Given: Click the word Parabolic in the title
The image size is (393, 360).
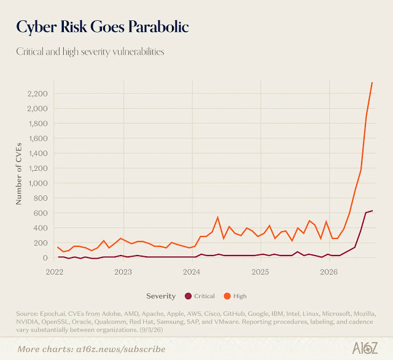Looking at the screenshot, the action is pyautogui.click(x=158, y=26).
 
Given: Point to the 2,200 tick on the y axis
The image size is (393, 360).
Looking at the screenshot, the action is pyautogui.click(x=37, y=93).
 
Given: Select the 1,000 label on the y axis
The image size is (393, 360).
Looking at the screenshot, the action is pyautogui.click(x=38, y=183).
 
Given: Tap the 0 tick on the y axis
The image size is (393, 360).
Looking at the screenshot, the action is pyautogui.click(x=45, y=258).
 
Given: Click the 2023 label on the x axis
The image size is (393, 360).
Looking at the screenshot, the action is pyautogui.click(x=123, y=272).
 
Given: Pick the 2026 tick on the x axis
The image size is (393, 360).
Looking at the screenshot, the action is pyautogui.click(x=329, y=272).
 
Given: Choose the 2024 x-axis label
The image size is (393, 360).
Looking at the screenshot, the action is pyautogui.click(x=192, y=272).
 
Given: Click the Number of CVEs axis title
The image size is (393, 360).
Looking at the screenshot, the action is pyautogui.click(x=19, y=174).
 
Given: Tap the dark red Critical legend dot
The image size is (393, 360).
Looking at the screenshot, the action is pyautogui.click(x=188, y=296).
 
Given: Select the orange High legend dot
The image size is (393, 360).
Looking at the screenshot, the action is pyautogui.click(x=227, y=296).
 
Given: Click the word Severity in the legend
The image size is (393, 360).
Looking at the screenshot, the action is pyautogui.click(x=161, y=296).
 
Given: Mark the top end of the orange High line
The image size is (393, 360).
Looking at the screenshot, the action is pyautogui.click(x=372, y=82).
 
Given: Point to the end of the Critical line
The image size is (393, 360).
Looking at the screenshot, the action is pyautogui.click(x=372, y=211).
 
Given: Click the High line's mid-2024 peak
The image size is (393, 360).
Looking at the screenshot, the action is pyautogui.click(x=217, y=217).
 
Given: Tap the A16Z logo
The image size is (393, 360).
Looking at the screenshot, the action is pyautogui.click(x=365, y=348).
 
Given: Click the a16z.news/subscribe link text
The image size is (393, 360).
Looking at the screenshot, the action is pyautogui.click(x=121, y=349).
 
